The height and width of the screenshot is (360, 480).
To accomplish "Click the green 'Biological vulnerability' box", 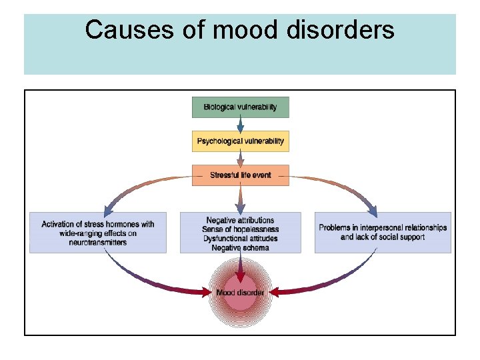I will coord(240,107).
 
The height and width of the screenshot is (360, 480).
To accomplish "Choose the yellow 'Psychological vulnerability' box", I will coord(240,141).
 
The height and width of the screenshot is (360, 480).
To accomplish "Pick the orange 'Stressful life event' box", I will coord(240,175).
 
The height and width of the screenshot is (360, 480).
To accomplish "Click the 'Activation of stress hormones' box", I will coord(97,233).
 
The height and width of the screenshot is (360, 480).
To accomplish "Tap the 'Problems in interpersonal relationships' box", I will coord(383,232).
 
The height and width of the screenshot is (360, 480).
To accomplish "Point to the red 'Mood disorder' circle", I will coord(240,293).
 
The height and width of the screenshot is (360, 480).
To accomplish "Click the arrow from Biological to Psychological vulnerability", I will coord(240,124).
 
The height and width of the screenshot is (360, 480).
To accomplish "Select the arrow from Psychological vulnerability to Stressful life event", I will coord(240,158).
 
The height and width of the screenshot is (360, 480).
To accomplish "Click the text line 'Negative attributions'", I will coord(240,221).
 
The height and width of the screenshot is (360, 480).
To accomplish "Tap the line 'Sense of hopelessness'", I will coord(240,230).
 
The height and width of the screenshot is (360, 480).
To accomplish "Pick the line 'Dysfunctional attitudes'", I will coord(240,239).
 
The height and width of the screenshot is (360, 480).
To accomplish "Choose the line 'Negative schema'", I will coord(240,248).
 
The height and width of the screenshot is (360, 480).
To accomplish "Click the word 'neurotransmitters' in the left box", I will coord(97,243).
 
